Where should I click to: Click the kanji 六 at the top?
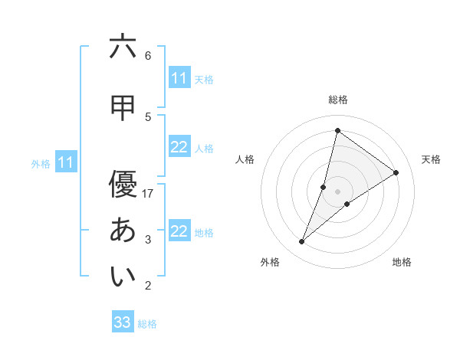[123, 47]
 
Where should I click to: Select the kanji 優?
[123, 185]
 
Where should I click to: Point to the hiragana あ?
[123, 231]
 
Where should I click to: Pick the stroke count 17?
[149, 194]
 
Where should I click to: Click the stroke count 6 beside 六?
[148, 56]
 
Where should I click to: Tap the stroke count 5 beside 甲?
[148, 116]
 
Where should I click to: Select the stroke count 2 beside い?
[148, 286]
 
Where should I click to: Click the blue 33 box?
[123, 322]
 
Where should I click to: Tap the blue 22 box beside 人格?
[179, 147]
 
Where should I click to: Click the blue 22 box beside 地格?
[179, 231]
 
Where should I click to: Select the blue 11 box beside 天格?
[179, 78]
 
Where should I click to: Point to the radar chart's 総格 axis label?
[338, 100]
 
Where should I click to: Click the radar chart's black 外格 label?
[270, 262]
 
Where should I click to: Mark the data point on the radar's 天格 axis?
[396, 173]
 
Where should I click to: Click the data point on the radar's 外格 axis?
[302, 242]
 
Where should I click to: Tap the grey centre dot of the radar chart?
[338, 191]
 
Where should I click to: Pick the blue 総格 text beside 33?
[147, 324]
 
